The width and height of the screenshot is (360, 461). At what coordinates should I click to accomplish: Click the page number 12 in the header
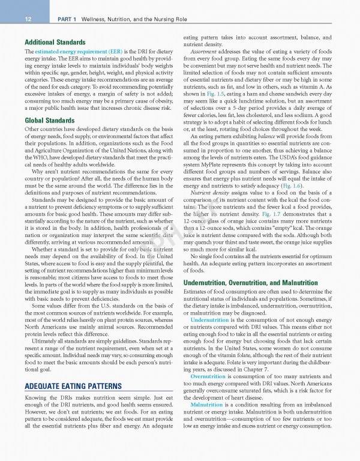(x=11, y=20)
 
